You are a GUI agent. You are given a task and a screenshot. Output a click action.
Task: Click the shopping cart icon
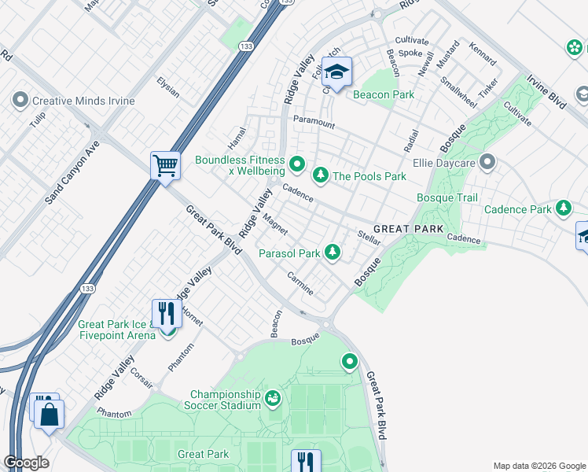coord(165,166)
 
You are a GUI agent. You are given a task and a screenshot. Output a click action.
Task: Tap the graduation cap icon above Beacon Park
coord(336,73)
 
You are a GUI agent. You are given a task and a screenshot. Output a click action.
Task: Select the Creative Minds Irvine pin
coord(20,101)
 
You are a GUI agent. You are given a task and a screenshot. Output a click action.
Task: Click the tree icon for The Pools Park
coord(320,175)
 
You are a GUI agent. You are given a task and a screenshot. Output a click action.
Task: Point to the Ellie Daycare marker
coord(487,163)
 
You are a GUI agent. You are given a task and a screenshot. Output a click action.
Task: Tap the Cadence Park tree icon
coord(563,208)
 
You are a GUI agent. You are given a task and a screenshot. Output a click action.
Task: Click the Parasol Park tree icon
coord(333,252)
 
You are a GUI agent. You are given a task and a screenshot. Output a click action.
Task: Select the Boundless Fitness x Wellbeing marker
coord(296,164)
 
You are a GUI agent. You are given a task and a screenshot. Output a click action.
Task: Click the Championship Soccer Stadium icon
coord(273,399)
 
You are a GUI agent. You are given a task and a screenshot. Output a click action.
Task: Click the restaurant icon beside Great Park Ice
coord(166,313)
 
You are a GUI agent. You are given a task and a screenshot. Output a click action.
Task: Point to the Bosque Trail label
coord(447,197)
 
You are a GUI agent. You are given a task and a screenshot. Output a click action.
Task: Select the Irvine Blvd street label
coord(546,93)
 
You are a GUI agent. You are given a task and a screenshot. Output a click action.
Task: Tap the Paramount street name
coord(314,124)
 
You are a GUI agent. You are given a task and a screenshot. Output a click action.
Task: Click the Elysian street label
coord(167,87)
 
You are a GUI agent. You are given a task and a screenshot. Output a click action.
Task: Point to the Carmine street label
coord(300,284)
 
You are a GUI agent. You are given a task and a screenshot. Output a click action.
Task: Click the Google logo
coord(26,463)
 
